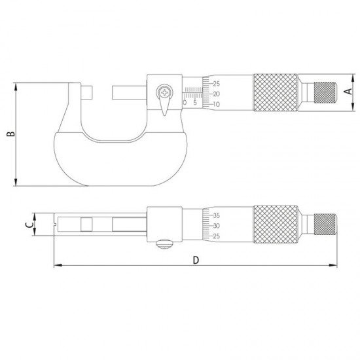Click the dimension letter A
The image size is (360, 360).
coord(348,91)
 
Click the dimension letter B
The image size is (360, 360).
coord(10,134)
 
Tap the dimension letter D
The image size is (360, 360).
coord(196,260)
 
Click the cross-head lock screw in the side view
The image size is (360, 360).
coord(164,92)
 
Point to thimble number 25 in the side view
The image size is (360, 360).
coord(216,84)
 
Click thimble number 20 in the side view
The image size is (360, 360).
coord(216,94)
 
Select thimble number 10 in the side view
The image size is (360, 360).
coord(216,104)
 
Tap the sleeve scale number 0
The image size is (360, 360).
coord(185,103)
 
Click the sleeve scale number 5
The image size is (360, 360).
coord(195,103)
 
